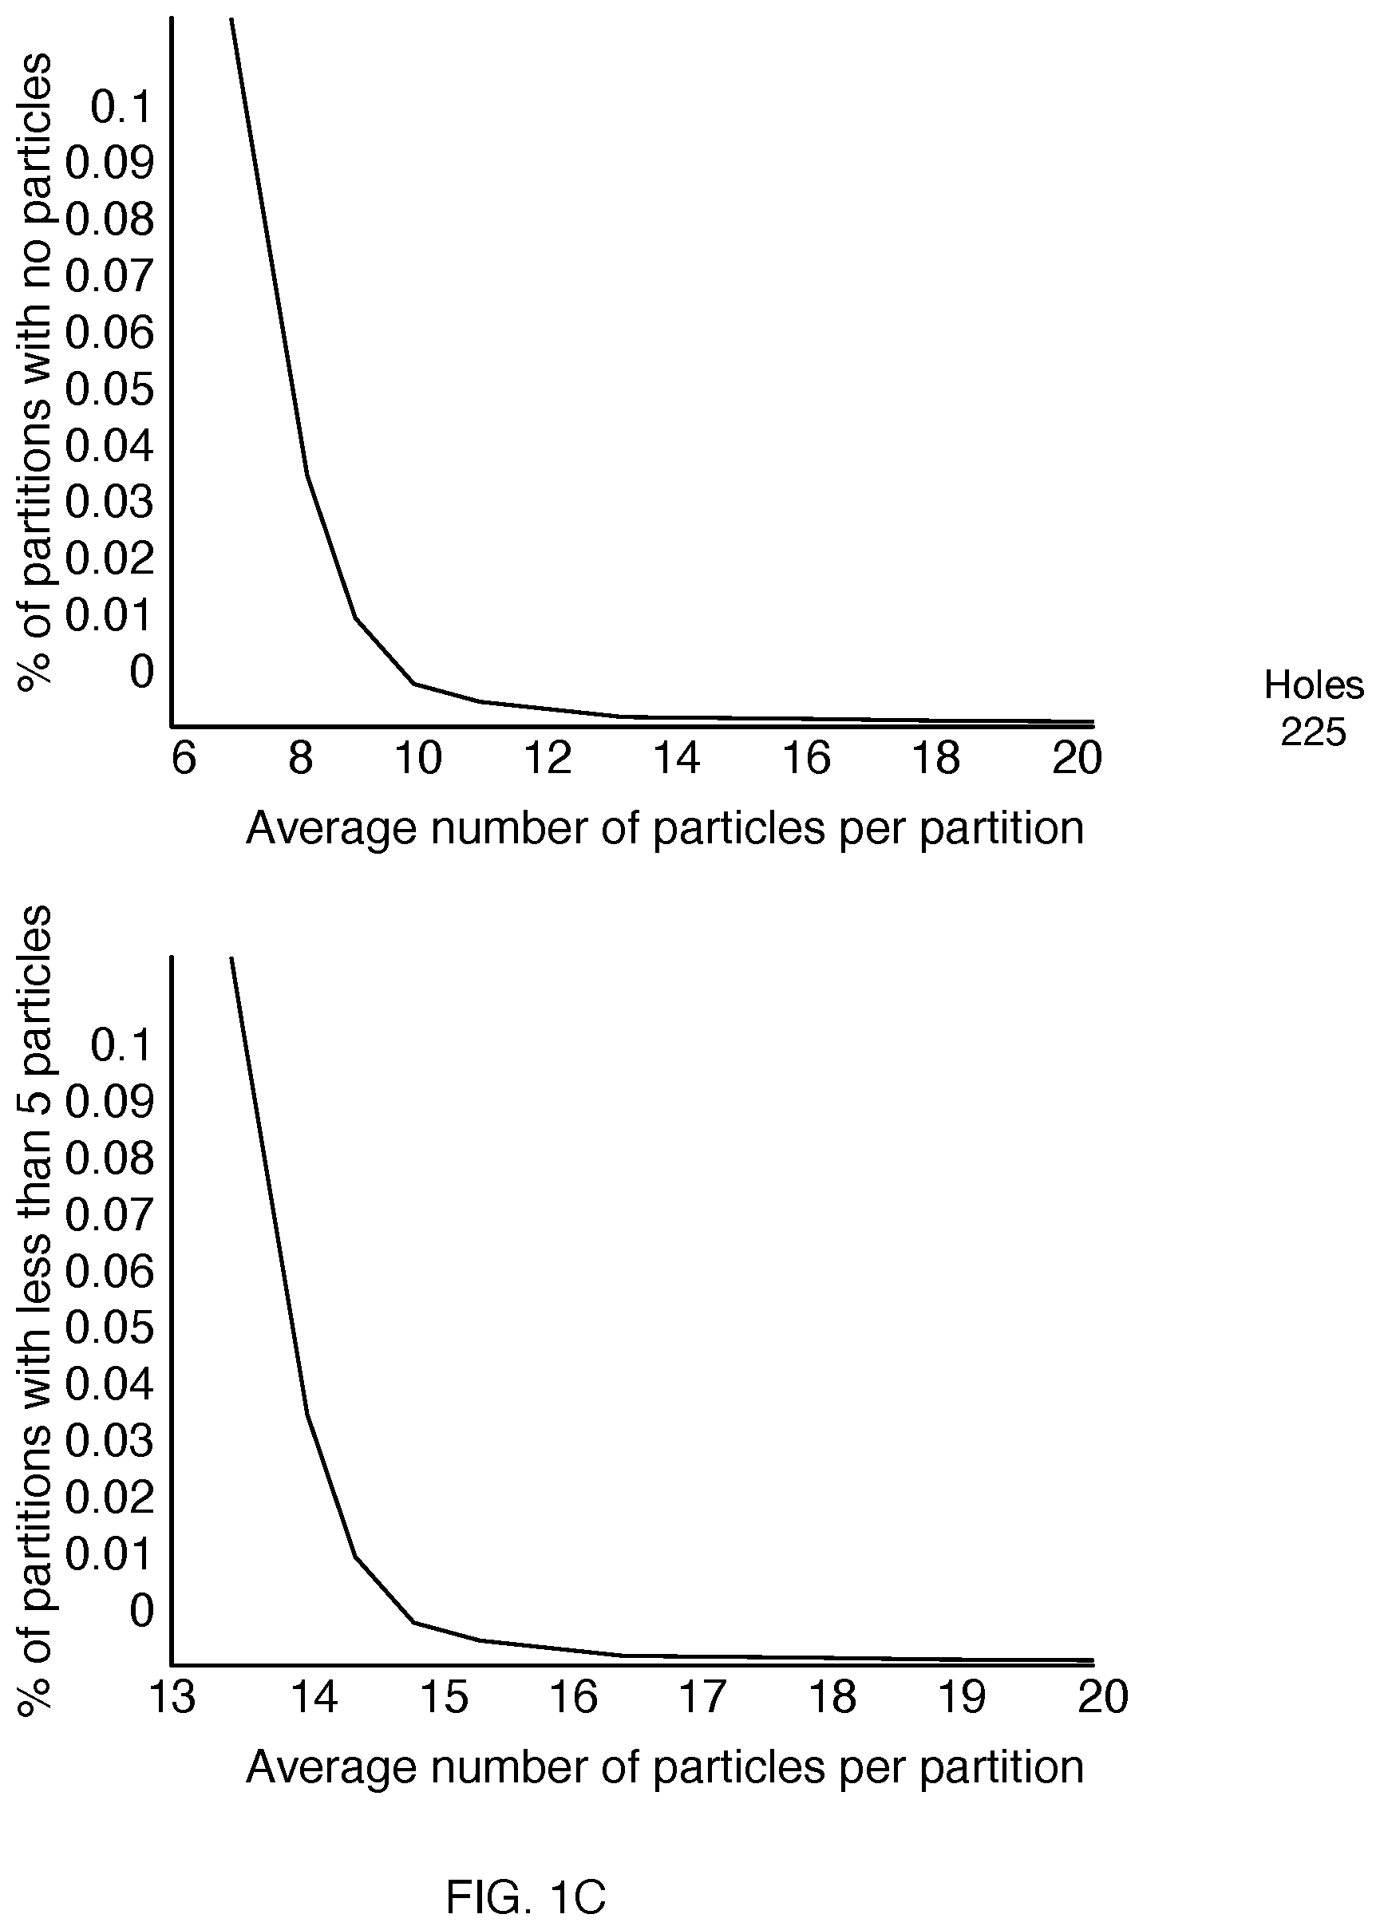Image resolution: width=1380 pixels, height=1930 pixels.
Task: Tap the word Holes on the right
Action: (1314, 685)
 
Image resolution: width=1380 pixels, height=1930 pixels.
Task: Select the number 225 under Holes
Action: (1314, 732)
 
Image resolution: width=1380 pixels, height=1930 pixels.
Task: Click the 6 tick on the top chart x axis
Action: (184, 758)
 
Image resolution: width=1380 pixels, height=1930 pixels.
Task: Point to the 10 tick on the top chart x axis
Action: (418, 758)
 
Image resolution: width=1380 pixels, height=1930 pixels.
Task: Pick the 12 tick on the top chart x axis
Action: (548, 758)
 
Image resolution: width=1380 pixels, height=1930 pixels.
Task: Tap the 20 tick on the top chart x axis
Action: (1077, 758)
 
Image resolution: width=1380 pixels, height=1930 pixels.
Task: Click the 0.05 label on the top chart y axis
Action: (110, 389)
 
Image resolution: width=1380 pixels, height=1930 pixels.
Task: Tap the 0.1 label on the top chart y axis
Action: (121, 107)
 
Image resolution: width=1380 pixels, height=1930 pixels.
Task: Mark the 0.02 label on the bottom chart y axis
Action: (110, 1497)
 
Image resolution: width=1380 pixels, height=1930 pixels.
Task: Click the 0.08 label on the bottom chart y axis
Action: (110, 1158)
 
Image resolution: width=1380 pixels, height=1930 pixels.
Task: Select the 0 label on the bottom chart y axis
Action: (142, 1611)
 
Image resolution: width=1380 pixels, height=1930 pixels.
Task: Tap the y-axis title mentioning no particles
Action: (34, 372)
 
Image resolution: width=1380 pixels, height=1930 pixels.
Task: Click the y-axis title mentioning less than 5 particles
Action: (34, 1310)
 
